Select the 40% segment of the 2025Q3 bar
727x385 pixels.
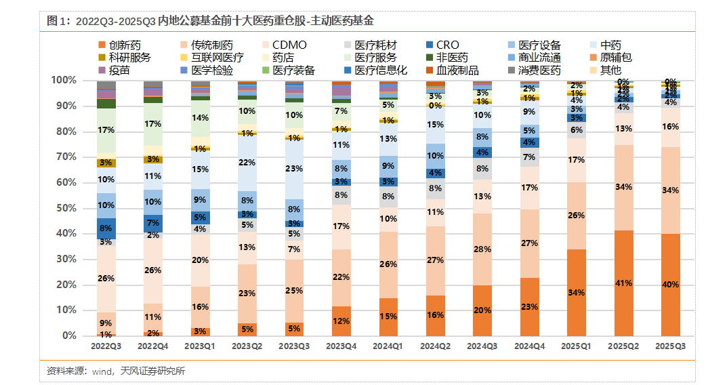pos(671,285)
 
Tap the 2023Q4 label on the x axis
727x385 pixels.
pos(341,346)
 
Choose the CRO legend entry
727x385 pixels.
pos(447,45)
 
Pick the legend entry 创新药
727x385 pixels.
pos(125,45)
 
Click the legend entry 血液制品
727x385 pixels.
pos(457,70)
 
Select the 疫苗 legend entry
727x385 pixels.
pos(119,70)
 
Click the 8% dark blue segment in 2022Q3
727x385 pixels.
pos(106,228)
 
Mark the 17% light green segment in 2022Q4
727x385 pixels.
pos(153,124)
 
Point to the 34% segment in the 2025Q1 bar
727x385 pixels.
pos(577,293)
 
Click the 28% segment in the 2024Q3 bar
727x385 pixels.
pos(482,249)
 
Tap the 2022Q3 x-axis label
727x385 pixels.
pos(106,346)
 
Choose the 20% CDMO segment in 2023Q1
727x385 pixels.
pos(201,260)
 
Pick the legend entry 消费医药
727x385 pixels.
pos(539,70)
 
